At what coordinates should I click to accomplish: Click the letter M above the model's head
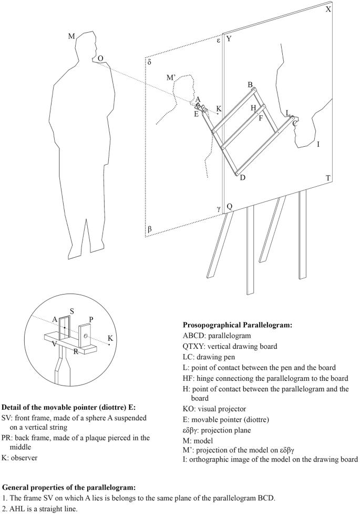tap(72, 36)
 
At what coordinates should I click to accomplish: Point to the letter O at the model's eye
tap(100, 58)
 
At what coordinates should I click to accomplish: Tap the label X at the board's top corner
tap(328, 9)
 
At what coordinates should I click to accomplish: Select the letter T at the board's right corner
tap(328, 178)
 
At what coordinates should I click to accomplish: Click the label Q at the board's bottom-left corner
tap(229, 206)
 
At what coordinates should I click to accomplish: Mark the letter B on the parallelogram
tap(250, 85)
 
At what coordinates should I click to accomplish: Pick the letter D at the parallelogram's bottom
tap(242, 178)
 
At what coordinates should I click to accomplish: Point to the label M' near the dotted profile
tap(171, 78)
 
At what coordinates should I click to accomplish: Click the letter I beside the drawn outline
tap(318, 143)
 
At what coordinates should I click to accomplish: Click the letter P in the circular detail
tap(91, 319)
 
